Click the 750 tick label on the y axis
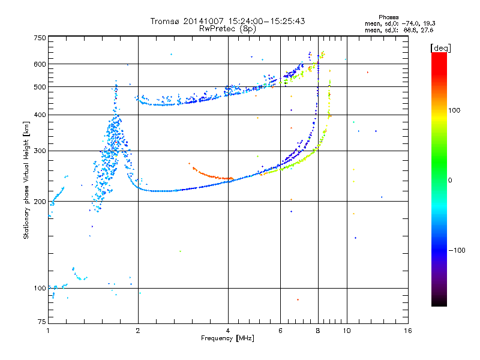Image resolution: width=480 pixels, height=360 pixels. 40,37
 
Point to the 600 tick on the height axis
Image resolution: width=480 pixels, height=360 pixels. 40,64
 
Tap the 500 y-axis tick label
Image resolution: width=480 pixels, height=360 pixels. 40,86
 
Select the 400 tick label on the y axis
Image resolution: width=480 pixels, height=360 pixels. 40,115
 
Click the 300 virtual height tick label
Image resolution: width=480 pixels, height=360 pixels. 40,151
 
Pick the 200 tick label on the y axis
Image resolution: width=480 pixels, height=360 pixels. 40,201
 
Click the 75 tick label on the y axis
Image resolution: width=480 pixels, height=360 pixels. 41,322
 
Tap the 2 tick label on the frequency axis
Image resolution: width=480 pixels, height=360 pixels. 138,331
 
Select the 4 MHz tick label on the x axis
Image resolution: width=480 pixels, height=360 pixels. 228,331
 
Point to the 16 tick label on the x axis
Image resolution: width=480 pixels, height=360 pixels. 408,331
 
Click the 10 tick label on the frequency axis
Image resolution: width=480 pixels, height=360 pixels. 346,331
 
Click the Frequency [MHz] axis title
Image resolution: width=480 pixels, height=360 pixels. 227,338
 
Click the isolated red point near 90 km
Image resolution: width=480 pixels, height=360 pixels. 298,299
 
